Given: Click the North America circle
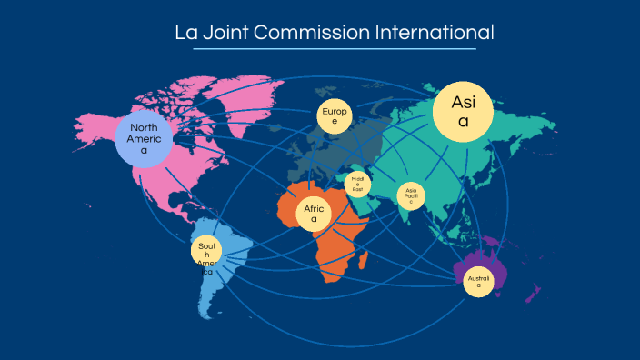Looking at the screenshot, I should pyautogui.click(x=144, y=139).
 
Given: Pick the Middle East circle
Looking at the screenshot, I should pyautogui.click(x=358, y=183).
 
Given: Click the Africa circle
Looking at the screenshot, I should pyautogui.click(x=314, y=214).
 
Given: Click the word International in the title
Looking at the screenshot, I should pyautogui.click(x=435, y=33).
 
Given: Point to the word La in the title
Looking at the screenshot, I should pyautogui.click(x=185, y=33).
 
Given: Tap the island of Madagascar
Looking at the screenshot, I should pyautogui.click(x=364, y=262).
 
